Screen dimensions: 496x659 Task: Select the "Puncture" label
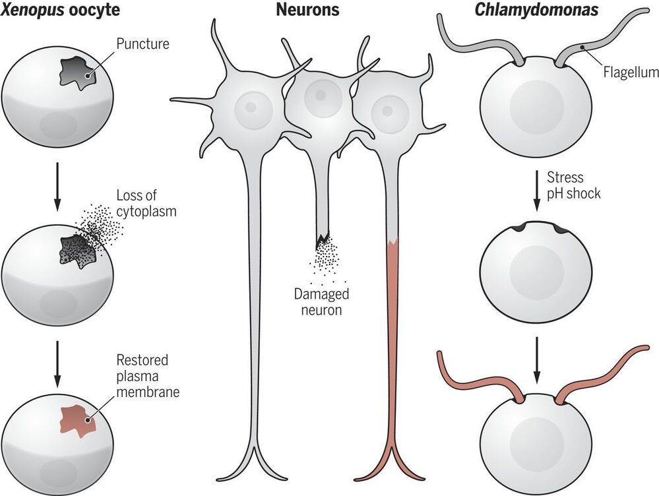(143, 46)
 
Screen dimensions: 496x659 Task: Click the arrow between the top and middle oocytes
(57, 183)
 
